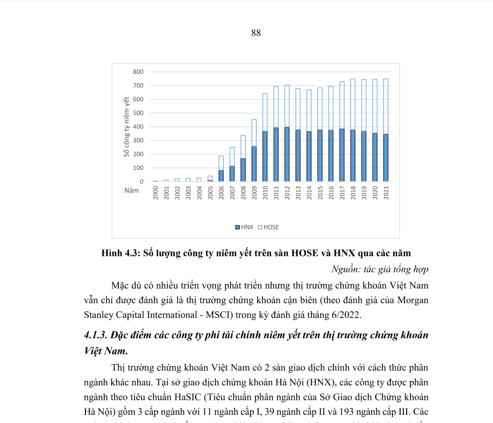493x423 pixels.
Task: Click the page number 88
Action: click(256, 33)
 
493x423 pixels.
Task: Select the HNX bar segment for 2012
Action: click(287, 154)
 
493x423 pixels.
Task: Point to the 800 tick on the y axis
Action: click(138, 72)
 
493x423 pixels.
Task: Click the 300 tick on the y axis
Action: click(138, 140)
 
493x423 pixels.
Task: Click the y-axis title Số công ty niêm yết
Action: click(126, 126)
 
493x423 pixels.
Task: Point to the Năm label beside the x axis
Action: click(131, 190)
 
